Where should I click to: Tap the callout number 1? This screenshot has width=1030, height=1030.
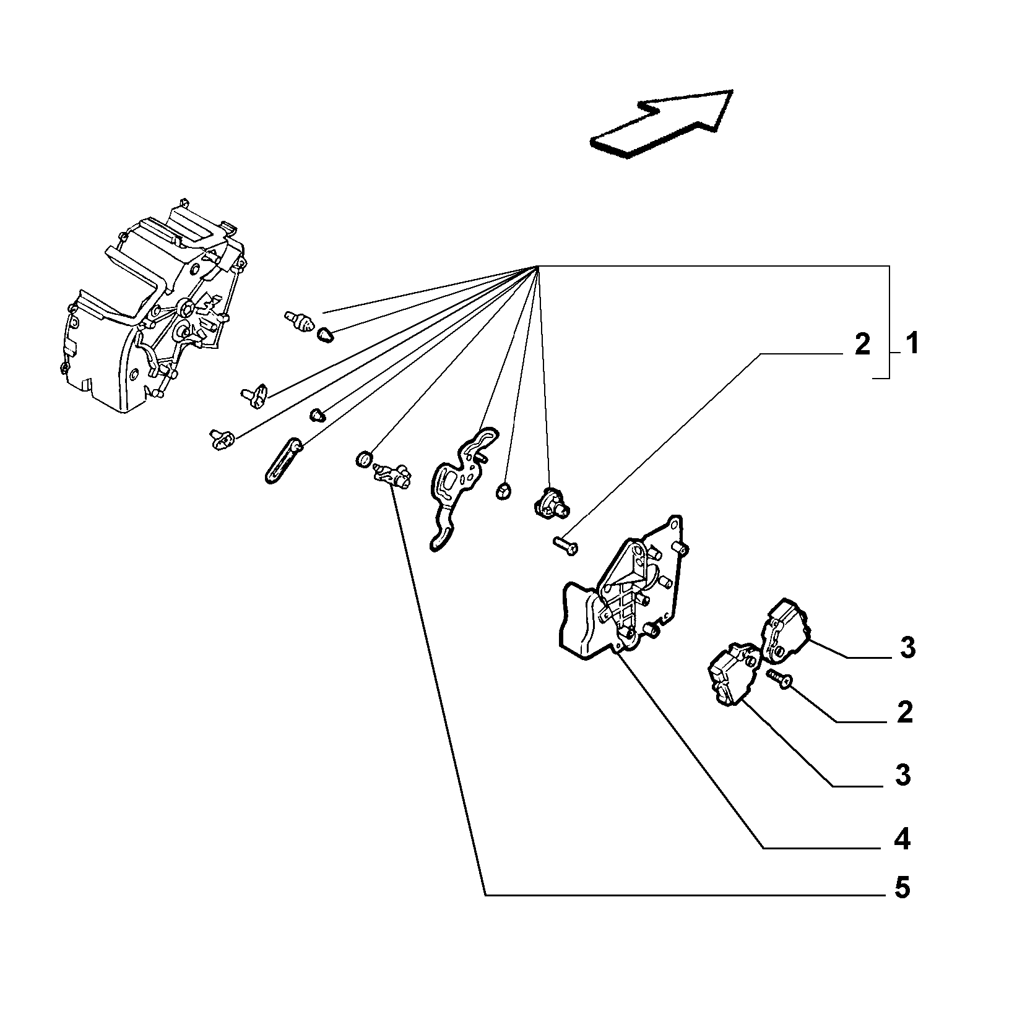tap(912, 344)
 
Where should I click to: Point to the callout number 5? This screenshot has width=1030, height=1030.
tap(902, 888)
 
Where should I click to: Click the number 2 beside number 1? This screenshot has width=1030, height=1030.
tap(862, 345)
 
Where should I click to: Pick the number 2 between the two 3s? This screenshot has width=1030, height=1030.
tap(904, 713)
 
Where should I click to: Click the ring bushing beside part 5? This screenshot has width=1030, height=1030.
tap(364, 460)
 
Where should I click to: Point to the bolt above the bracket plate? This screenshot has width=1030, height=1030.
tap(565, 544)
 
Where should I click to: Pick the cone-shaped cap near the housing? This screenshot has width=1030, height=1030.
tap(325, 335)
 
